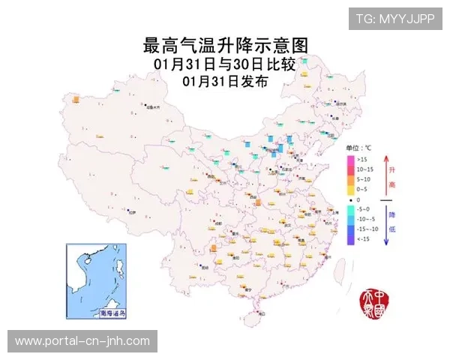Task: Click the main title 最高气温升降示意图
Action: (225, 46)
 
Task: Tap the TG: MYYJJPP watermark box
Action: (394, 19)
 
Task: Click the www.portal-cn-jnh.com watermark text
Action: (82, 341)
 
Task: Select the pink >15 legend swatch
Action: (350, 160)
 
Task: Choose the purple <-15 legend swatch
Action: (350, 238)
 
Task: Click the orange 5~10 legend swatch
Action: (350, 179)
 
